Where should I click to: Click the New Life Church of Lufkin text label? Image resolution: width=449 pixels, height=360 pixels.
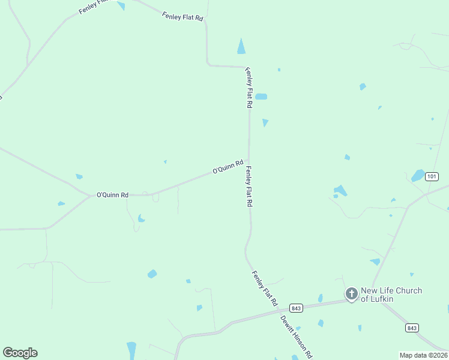391,295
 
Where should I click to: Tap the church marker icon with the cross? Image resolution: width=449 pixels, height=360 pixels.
351,293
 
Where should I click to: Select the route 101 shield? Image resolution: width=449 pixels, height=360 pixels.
432,176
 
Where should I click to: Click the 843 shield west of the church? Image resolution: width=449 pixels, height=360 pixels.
295,308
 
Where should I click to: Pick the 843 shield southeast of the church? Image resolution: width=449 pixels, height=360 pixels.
411,328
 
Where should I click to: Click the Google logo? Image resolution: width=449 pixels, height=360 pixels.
20,353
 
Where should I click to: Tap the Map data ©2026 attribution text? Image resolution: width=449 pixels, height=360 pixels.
423,355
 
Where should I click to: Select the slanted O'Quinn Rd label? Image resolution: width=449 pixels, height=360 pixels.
228,167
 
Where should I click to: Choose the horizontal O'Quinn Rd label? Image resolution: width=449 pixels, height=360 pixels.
113,195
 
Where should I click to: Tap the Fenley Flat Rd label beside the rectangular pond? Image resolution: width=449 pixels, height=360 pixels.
249,88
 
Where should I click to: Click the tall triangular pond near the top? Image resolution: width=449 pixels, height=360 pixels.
241,47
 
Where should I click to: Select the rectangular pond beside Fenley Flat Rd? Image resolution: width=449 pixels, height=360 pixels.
261,96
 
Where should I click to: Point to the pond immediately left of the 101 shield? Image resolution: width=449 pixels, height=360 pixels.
418,176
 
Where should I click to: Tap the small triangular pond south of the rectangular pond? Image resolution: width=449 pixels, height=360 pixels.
265,122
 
